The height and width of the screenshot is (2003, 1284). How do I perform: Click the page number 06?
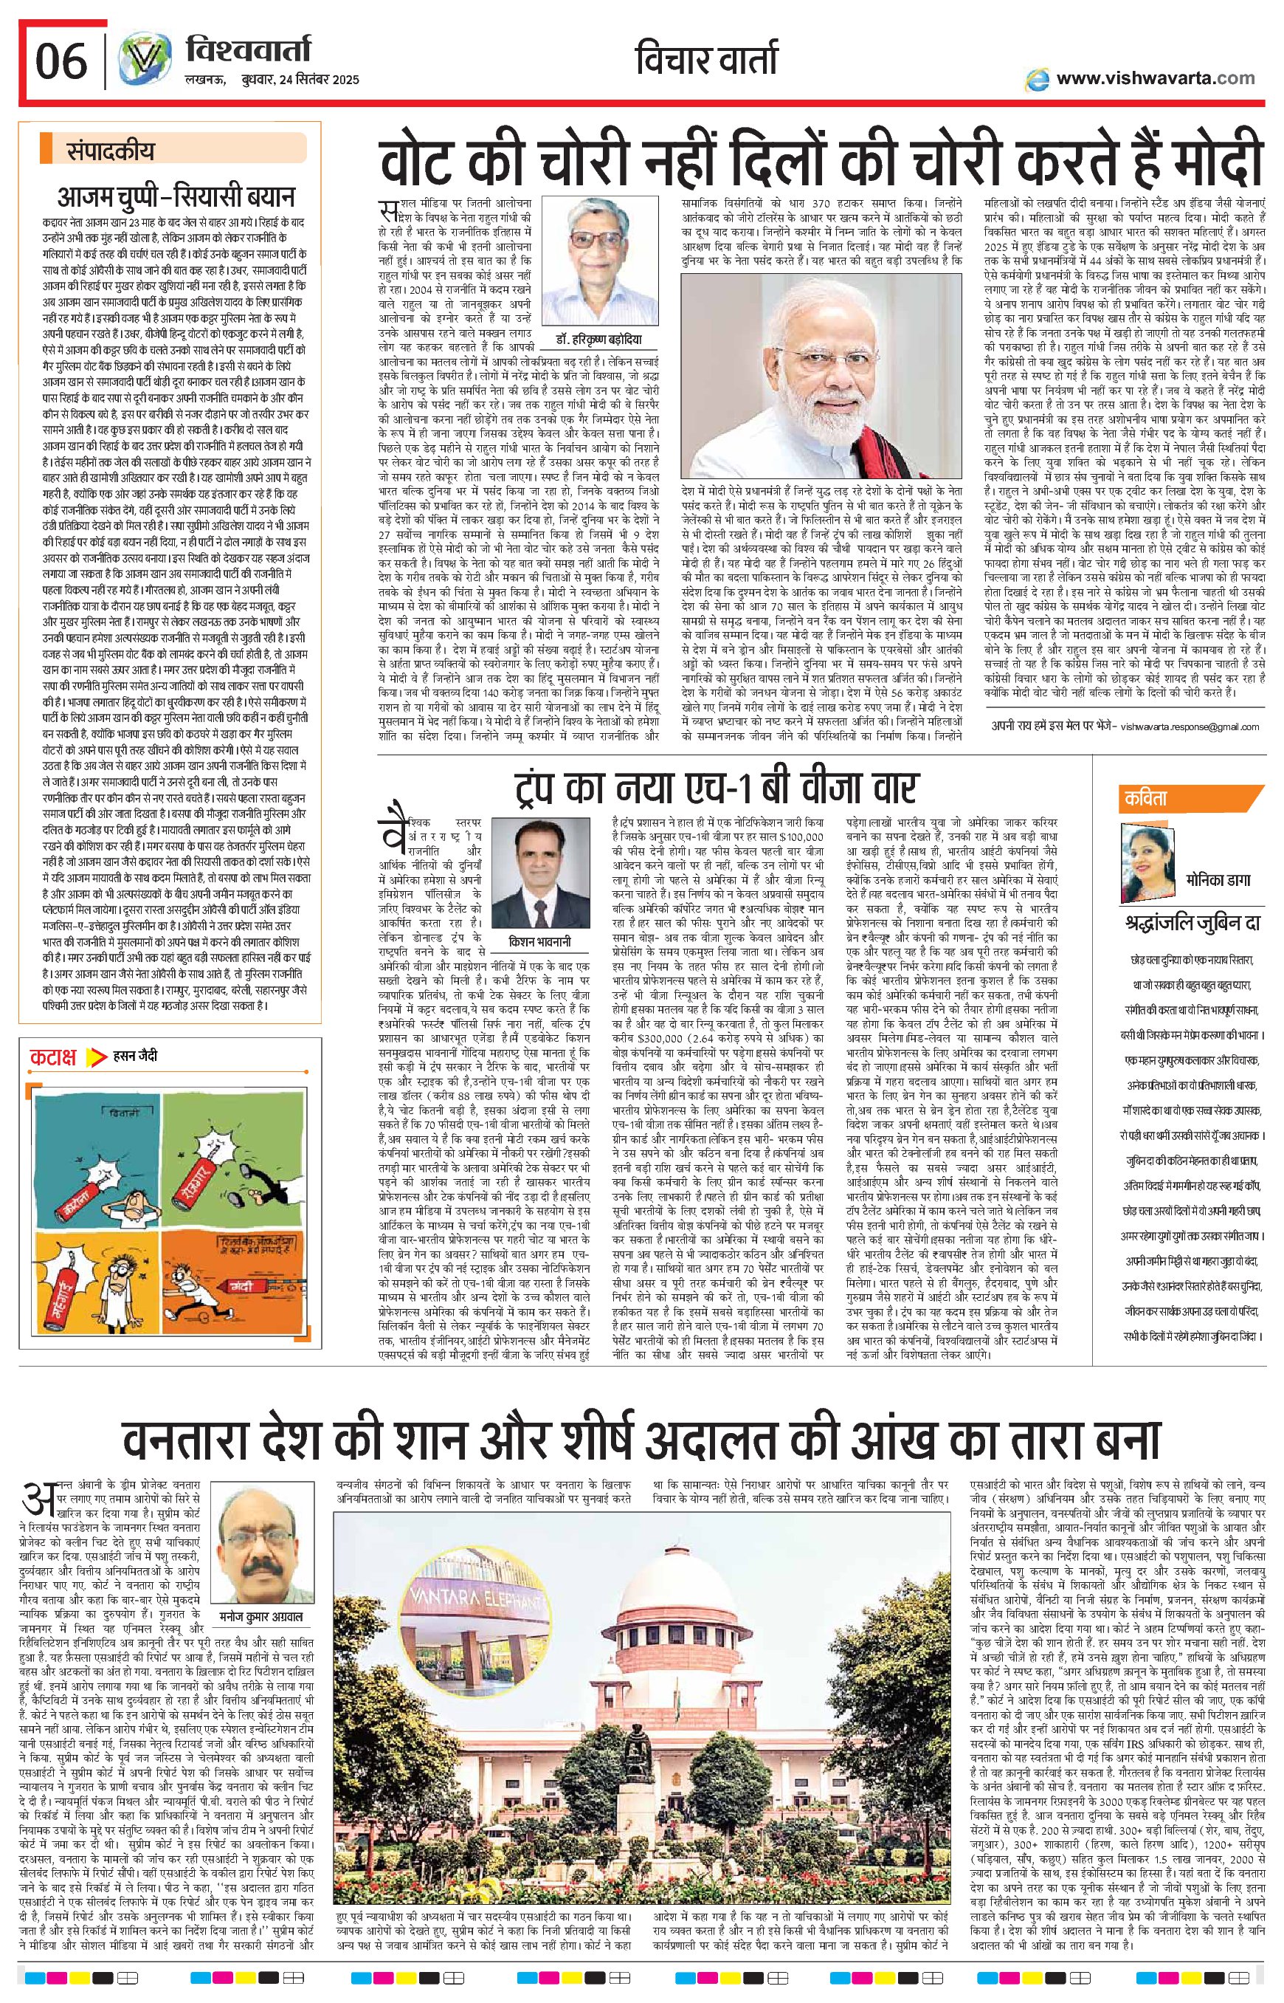tap(61, 63)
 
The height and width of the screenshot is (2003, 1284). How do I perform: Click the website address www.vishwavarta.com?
tap(1153, 78)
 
